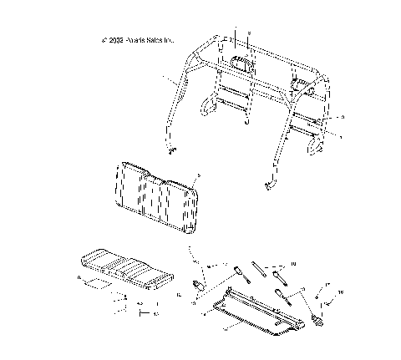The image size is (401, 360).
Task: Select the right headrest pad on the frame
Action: [300, 84]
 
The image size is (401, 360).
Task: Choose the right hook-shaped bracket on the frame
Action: [317, 144]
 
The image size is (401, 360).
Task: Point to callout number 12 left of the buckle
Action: [180, 293]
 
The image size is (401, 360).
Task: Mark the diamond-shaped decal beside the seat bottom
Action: [95, 284]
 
